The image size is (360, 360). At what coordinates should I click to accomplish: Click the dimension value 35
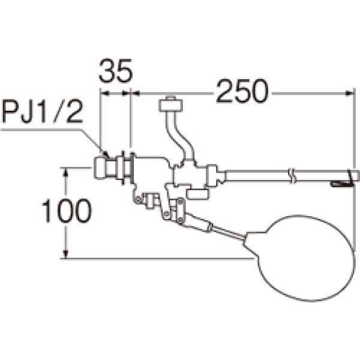(116, 71)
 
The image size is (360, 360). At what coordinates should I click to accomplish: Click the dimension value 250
(242, 91)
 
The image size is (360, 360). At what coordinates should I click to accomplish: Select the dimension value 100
(67, 211)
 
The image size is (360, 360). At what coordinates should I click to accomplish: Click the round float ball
(305, 258)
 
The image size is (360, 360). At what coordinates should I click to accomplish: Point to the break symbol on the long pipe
(292, 176)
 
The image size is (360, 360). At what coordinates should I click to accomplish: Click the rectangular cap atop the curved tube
(171, 106)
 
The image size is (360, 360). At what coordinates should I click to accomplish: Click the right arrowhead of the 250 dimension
(350, 93)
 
